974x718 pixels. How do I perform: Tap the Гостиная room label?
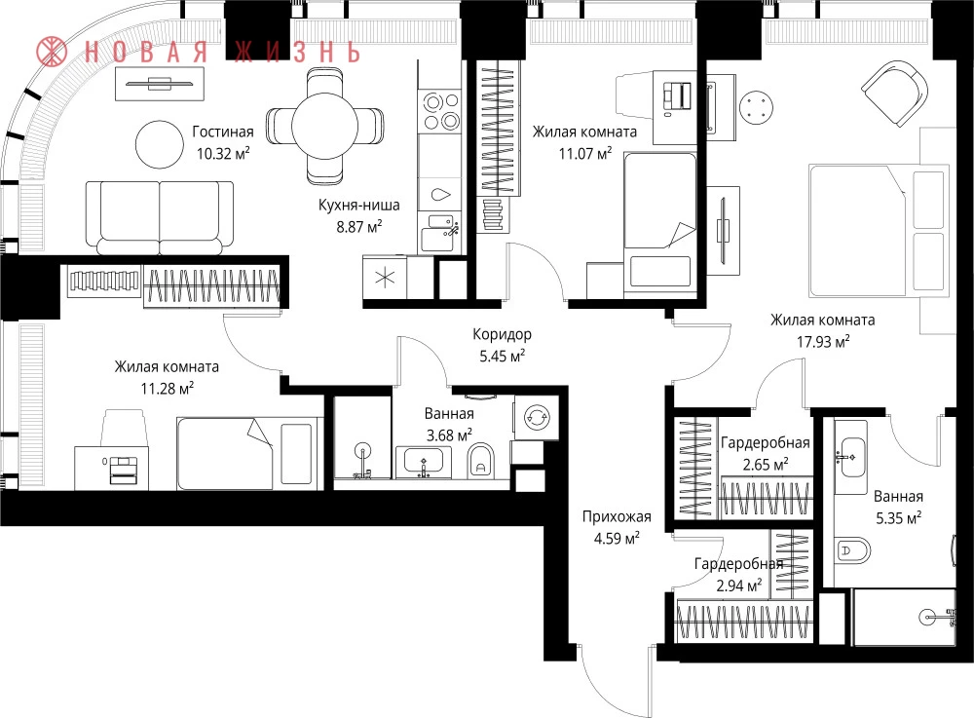point(222,132)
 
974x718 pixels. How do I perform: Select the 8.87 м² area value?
point(359,226)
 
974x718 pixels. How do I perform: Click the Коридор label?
point(502,334)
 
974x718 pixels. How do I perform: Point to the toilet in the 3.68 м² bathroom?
point(479,459)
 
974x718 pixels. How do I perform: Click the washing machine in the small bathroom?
point(535,417)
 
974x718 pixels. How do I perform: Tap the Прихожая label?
point(617,516)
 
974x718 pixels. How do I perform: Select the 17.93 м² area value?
point(823,341)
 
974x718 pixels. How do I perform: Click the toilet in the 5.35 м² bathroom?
point(851,549)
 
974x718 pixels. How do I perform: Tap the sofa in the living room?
point(160,217)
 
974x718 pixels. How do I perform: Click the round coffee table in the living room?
point(160,144)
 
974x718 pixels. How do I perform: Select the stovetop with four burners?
point(440,111)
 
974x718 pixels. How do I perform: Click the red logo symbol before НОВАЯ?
point(52,52)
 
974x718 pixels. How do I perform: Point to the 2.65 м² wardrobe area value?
point(766,465)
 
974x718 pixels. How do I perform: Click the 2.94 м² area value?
point(739,586)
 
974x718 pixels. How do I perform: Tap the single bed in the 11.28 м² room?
point(225,453)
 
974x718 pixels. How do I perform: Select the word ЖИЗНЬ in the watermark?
point(297,53)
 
